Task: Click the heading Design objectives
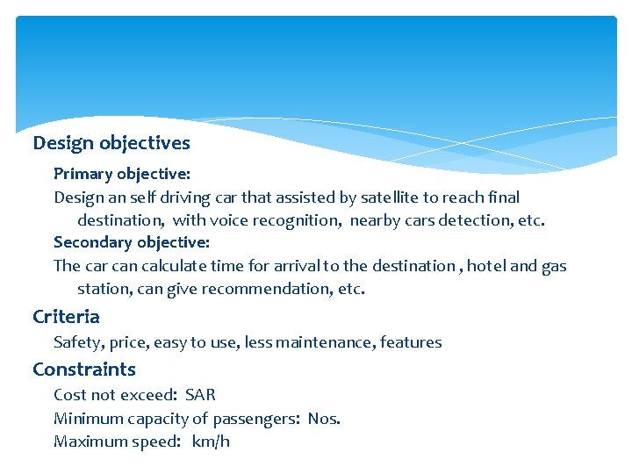point(111,142)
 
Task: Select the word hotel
point(486,265)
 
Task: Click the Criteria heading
point(66,316)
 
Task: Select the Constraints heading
point(84,369)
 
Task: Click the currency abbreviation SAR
point(200,395)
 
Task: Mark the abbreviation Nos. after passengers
point(324,418)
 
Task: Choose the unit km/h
point(211,441)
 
